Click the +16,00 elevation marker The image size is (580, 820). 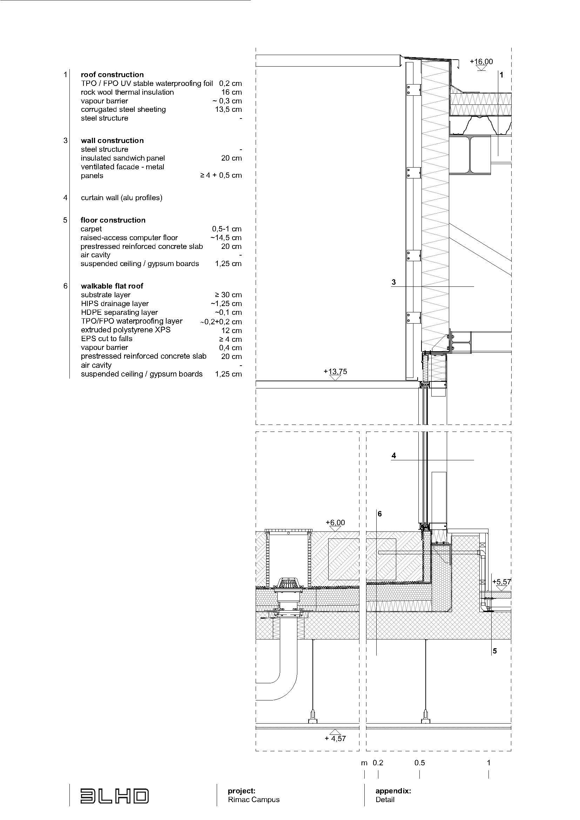point(481,61)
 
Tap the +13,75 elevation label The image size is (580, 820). point(335,371)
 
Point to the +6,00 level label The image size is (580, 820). point(335,522)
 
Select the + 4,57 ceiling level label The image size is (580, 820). point(335,738)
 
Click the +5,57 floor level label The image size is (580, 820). point(501,582)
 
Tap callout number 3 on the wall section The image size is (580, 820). point(393,282)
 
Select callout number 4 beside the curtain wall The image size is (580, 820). point(393,455)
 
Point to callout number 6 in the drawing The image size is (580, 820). point(380,514)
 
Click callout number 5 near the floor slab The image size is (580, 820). point(495,651)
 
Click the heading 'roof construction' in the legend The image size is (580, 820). point(112,75)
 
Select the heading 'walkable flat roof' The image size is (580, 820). point(112,286)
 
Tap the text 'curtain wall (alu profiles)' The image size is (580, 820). point(121,198)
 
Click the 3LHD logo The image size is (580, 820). point(114,796)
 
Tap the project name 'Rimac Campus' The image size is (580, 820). point(254,800)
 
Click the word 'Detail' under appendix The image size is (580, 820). point(385,800)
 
